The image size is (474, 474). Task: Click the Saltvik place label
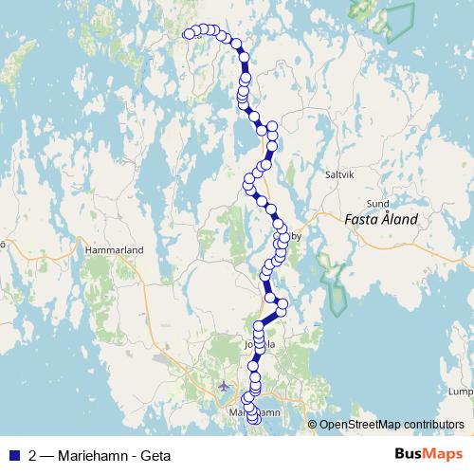pos(339,175)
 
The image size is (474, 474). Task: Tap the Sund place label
pos(377,203)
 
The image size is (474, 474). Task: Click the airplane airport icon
pos(224,386)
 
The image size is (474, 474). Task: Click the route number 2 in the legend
pos(34,454)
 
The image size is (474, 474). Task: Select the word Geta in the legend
pos(155,454)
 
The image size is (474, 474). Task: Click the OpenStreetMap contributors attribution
pos(392,425)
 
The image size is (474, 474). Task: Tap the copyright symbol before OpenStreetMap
pos(312,425)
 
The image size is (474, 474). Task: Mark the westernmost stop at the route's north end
pos(189,34)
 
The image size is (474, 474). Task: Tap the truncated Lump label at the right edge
pos(462,392)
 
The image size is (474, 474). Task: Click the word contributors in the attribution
pos(433,425)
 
